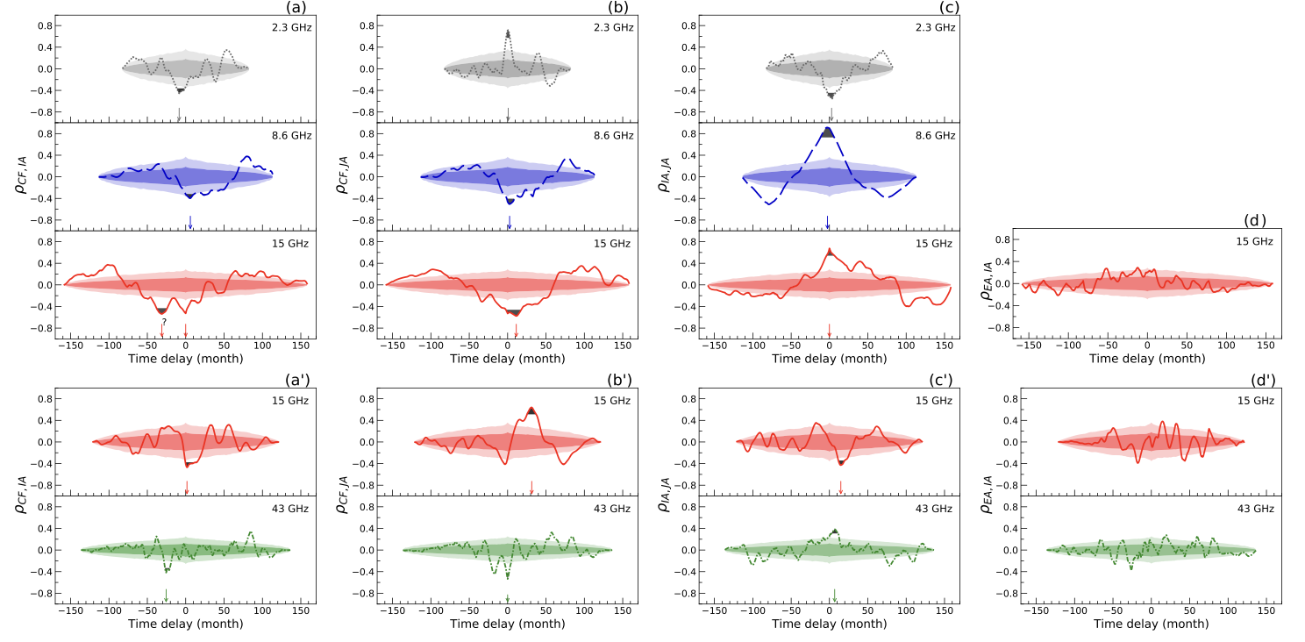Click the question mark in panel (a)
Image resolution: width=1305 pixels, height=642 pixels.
pyautogui.click(x=164, y=321)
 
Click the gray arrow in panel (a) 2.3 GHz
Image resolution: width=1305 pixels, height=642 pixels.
pyautogui.click(x=179, y=115)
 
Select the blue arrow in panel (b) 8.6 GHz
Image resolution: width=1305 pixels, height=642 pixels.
pyautogui.click(x=509, y=223)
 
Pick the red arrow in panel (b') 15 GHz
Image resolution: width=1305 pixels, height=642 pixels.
pyautogui.click(x=531, y=487)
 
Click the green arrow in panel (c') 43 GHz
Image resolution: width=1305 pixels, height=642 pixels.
pyautogui.click(x=834, y=595)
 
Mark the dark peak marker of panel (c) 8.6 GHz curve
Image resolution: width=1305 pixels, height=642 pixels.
pyautogui.click(x=827, y=132)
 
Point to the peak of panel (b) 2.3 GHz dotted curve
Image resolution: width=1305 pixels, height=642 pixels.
pyautogui.click(x=508, y=33)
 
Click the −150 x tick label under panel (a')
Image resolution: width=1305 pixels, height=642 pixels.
pyautogui.click(x=71, y=610)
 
